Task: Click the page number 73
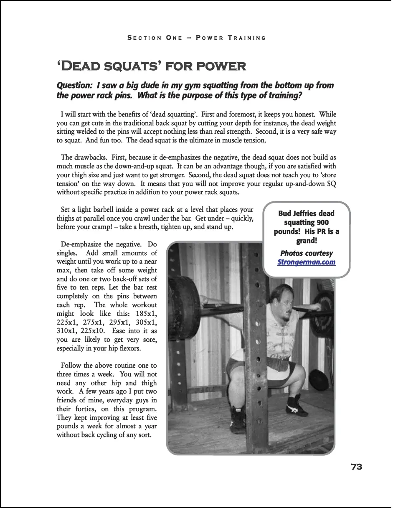pyautogui.click(x=356, y=467)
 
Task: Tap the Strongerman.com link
pyautogui.click(x=307, y=262)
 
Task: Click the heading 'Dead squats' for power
pyautogui.click(x=151, y=66)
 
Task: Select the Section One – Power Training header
pyautogui.click(x=196, y=38)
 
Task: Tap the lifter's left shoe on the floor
pyautogui.click(x=297, y=406)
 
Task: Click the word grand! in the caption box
pyautogui.click(x=307, y=241)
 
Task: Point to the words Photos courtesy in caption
pyautogui.click(x=307, y=253)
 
